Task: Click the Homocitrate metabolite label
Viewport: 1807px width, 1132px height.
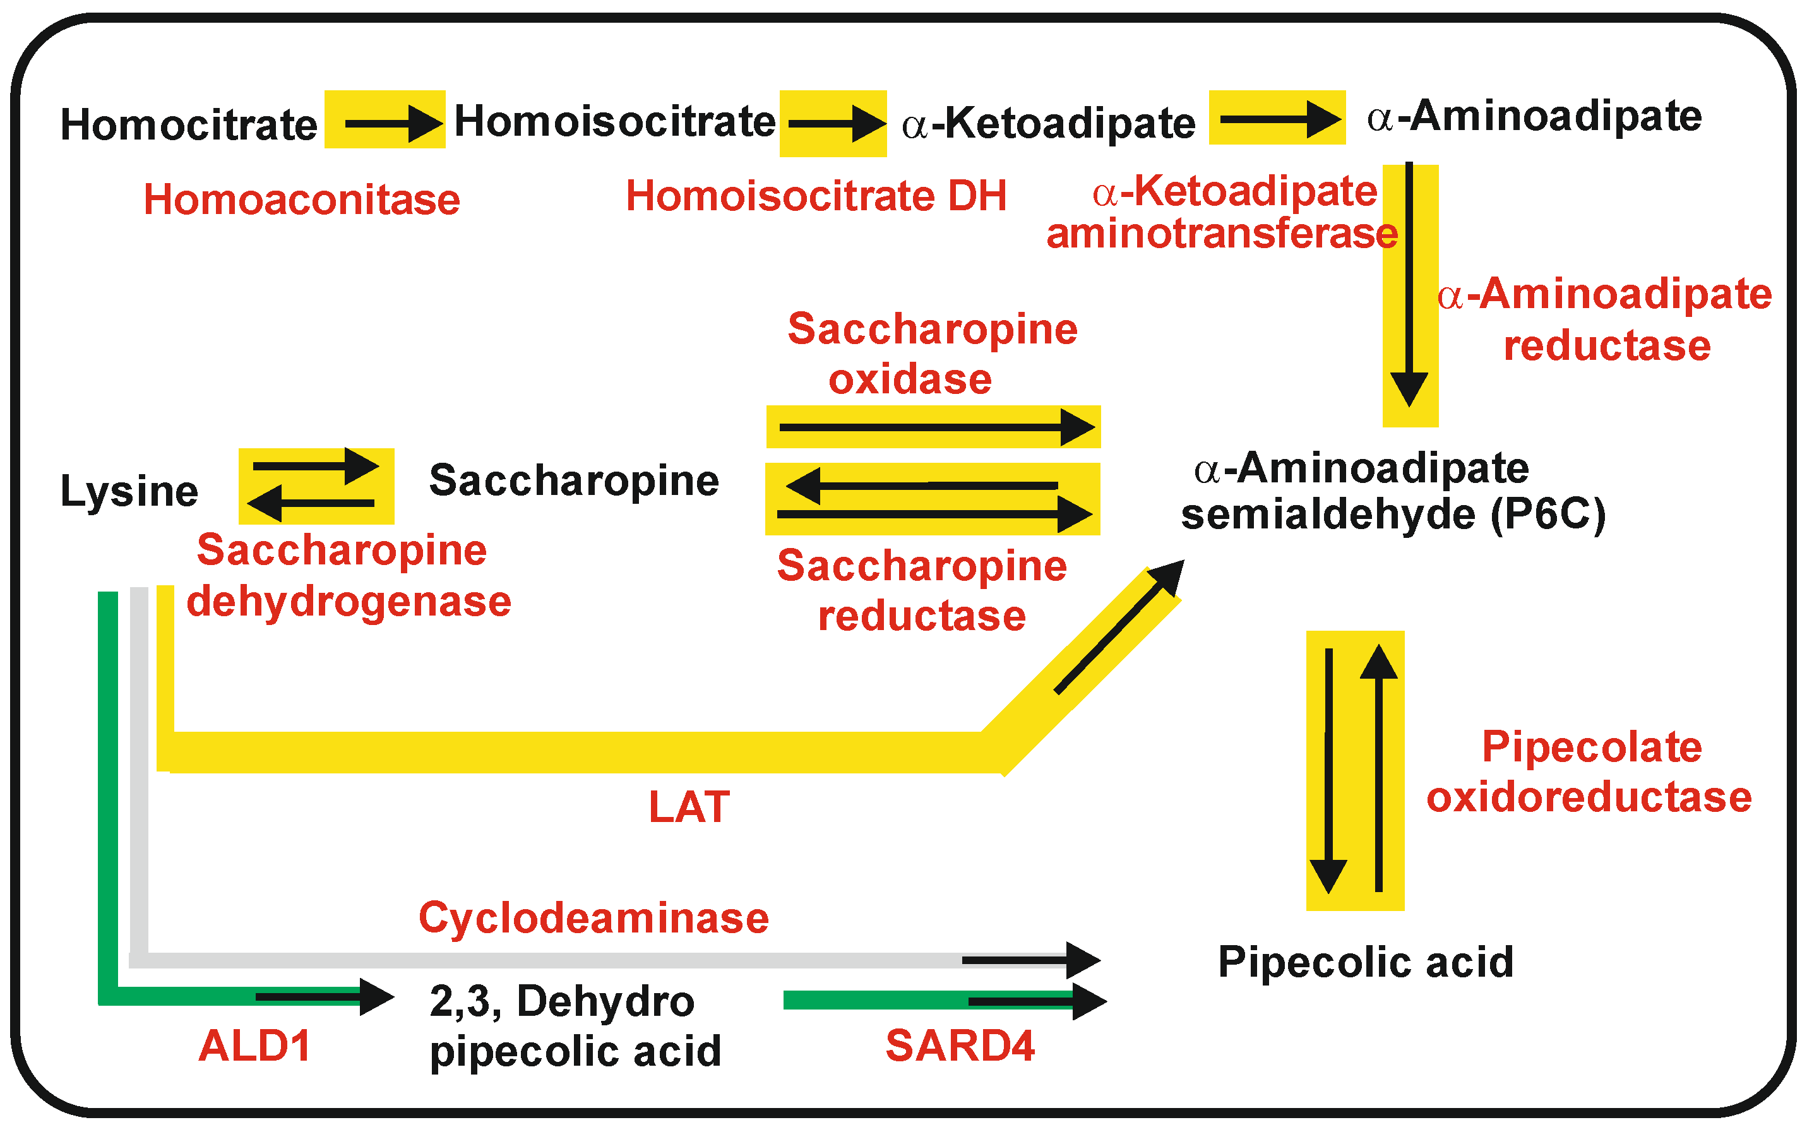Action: click(189, 124)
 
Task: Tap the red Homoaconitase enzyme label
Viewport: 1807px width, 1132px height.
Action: click(302, 200)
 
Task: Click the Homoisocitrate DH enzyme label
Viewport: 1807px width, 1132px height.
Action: click(816, 196)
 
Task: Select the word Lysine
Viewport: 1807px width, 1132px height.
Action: click(129, 491)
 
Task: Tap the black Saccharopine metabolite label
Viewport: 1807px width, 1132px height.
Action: click(573, 480)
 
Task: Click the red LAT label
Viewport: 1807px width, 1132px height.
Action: click(689, 807)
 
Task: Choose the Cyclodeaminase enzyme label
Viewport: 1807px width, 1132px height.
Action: click(593, 918)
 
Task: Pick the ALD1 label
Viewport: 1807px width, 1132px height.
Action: click(254, 1046)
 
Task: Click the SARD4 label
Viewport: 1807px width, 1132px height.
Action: click(960, 1046)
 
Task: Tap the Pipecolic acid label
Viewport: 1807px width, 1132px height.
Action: click(1366, 962)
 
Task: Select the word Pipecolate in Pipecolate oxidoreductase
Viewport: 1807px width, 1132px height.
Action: click(1592, 747)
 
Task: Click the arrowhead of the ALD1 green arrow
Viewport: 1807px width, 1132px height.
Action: click(376, 996)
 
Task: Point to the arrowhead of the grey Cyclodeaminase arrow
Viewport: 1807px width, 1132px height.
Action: click(1082, 960)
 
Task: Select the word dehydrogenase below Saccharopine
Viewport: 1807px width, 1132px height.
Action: click(349, 601)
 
